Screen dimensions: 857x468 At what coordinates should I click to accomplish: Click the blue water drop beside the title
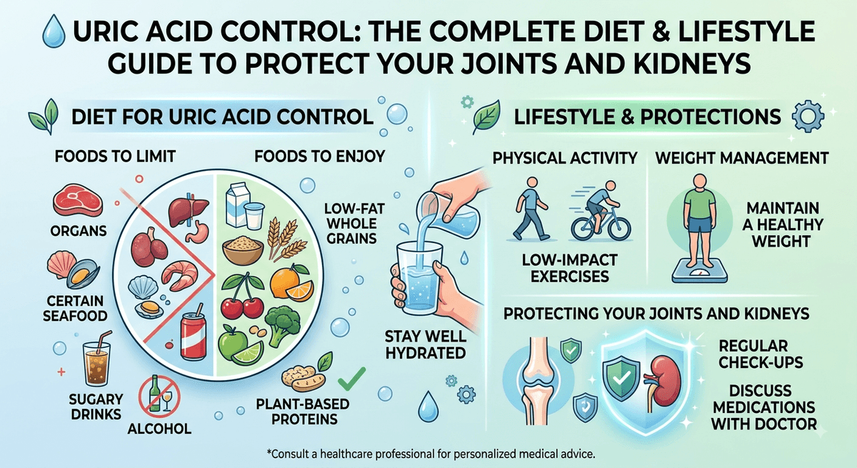54,31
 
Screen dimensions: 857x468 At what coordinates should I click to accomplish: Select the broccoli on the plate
283,326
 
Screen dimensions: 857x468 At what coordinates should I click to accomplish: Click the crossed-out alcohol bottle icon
159,396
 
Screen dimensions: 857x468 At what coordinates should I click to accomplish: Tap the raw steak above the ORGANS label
78,201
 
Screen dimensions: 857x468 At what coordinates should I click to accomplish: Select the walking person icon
530,209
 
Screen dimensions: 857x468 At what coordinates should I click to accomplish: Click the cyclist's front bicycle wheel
618,228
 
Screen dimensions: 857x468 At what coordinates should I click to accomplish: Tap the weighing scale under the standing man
700,270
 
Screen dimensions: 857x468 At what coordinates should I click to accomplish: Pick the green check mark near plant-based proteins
351,379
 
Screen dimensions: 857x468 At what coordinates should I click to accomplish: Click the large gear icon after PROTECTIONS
808,116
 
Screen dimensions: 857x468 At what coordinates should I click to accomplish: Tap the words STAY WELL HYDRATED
426,345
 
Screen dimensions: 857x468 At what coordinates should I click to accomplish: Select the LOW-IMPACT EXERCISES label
570,268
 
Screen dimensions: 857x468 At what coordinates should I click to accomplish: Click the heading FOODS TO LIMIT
115,156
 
